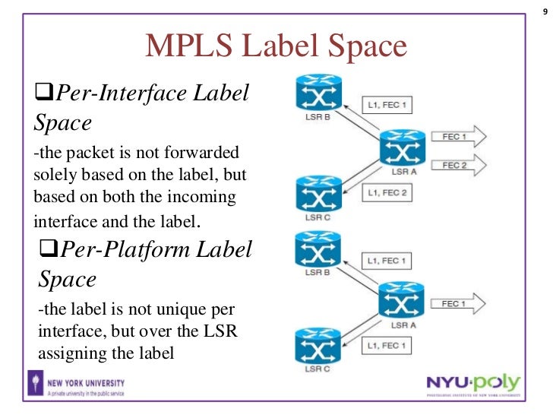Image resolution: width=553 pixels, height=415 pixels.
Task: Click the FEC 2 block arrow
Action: (457, 165)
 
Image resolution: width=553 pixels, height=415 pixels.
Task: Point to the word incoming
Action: (201, 197)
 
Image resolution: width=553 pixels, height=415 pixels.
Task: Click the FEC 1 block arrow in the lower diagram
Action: (457, 304)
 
